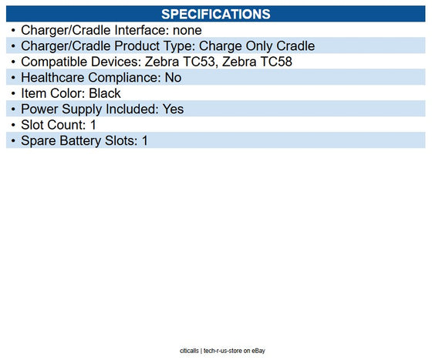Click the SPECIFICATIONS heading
click(x=215, y=15)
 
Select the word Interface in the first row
click(x=139, y=30)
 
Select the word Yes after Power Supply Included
click(x=174, y=109)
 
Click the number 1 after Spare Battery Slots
click(x=144, y=141)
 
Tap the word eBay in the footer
click(x=258, y=351)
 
